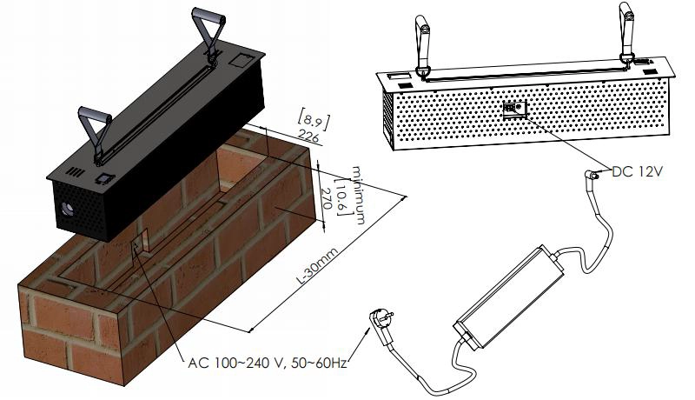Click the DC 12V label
(638, 172)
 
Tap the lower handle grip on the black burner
(95, 115)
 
